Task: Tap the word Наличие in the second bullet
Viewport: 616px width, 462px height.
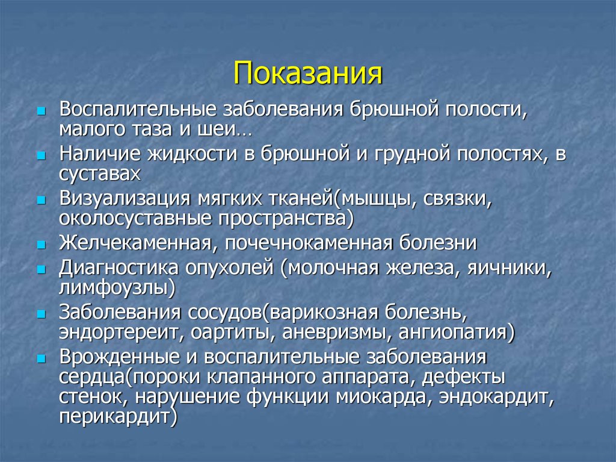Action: coord(98,154)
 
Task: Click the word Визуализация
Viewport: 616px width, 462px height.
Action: coord(123,198)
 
